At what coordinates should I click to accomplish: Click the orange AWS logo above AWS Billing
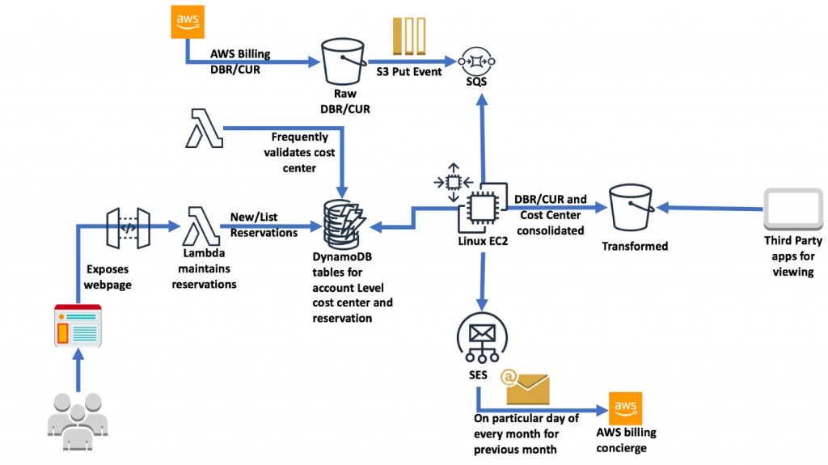pos(188,22)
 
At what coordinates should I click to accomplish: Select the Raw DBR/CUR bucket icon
pos(344,61)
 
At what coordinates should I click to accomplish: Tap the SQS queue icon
pos(476,61)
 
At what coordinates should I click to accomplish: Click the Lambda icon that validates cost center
pos(204,129)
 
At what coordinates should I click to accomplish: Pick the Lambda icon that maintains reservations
pos(201,226)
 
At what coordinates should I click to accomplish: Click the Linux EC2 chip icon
pos(483,208)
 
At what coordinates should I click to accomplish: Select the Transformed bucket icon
pos(632,207)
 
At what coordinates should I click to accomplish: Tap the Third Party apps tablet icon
pos(793,209)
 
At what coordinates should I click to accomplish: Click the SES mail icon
pos(482,338)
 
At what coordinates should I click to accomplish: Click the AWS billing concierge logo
pos(625,408)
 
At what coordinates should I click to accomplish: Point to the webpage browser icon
pos(78,325)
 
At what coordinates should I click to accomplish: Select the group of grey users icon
pos(78,421)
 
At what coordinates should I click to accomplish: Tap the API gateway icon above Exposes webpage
pos(129,228)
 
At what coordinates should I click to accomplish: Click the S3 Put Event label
pos(408,72)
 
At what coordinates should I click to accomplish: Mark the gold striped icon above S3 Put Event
pos(409,36)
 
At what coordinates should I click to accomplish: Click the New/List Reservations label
pos(264,225)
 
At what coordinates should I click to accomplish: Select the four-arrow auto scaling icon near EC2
pos(453,182)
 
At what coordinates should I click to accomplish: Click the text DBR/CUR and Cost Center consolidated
pos(550,214)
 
